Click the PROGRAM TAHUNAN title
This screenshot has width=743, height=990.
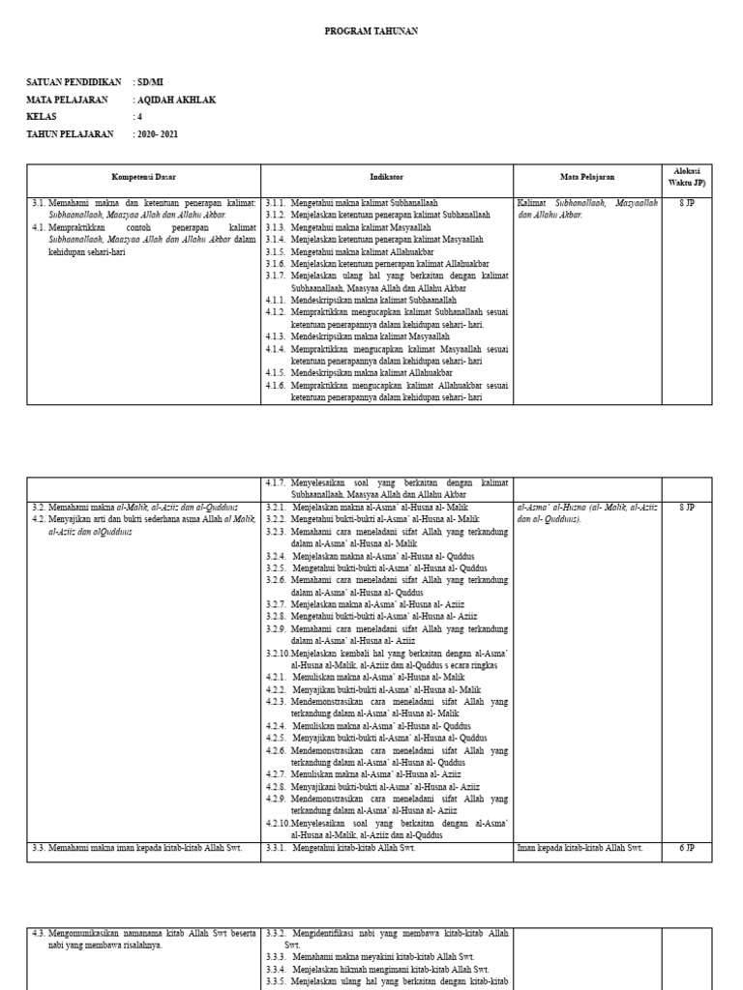(x=371, y=32)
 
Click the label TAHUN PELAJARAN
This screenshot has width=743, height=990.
(x=70, y=133)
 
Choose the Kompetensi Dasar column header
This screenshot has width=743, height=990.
(x=143, y=178)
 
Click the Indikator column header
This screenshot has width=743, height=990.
(x=387, y=178)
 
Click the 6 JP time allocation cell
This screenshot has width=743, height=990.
(x=686, y=848)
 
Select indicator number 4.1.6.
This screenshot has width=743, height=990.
(x=276, y=384)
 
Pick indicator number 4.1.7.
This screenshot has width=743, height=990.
(x=276, y=482)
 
